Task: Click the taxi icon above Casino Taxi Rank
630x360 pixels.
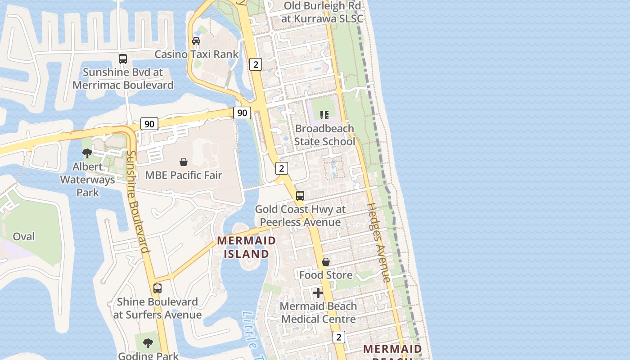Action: click(196, 41)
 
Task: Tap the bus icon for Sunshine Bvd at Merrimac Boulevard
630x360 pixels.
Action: click(122, 59)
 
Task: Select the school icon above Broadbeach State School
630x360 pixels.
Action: click(324, 115)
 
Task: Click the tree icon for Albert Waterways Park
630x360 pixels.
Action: click(87, 153)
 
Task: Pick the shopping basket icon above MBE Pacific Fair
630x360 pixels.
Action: click(184, 162)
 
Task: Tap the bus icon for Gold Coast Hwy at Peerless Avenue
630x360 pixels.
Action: click(300, 196)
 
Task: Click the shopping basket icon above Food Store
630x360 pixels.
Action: click(326, 262)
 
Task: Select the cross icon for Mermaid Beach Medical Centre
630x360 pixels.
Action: click(318, 293)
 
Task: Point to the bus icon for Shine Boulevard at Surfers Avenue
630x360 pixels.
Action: click(157, 288)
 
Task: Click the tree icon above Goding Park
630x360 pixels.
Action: click(148, 343)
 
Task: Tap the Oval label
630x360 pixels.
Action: click(23, 237)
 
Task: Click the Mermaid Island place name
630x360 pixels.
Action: click(246, 247)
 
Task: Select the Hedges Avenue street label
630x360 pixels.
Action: click(379, 243)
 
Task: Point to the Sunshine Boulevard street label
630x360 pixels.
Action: click(137, 202)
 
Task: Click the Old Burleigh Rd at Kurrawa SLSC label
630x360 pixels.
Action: click(322, 12)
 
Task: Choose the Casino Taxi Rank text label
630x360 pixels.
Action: click(197, 54)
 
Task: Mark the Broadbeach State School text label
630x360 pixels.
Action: click(324, 135)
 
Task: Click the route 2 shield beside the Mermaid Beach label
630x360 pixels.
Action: click(339, 337)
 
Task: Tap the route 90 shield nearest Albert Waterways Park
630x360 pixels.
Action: click(149, 124)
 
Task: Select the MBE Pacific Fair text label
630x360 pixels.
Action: click(184, 175)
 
